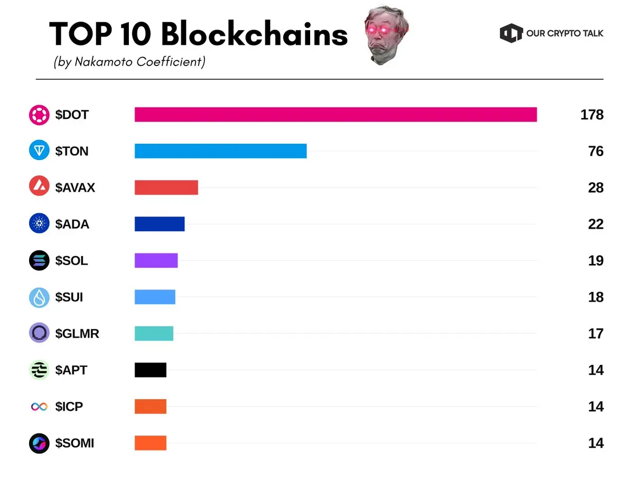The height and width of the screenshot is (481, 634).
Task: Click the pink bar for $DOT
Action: tap(335, 115)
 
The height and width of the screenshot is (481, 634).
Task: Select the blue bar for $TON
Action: tap(220, 151)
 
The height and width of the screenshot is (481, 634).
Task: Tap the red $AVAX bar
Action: tap(166, 187)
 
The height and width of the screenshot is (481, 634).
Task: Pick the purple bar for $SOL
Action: tap(156, 261)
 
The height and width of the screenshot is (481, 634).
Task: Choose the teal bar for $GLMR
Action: tap(154, 334)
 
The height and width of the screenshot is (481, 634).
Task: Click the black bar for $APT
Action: tap(150, 370)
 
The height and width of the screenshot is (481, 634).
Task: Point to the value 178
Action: tap(591, 115)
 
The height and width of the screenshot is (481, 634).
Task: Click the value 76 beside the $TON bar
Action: tap(595, 152)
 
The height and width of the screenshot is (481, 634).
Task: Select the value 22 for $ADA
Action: tap(595, 224)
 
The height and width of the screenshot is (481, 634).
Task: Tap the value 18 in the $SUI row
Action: tap(595, 297)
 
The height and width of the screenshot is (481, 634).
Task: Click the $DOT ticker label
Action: tap(72, 115)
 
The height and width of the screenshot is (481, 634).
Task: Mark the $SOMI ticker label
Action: tap(74, 444)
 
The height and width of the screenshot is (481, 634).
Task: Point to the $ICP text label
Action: tap(69, 407)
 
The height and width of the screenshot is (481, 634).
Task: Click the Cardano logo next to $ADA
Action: tap(39, 224)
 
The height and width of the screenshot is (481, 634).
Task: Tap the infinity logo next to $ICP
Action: tap(39, 407)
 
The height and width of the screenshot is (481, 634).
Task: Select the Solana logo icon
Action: tap(39, 261)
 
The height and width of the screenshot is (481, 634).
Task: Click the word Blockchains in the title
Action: tap(254, 35)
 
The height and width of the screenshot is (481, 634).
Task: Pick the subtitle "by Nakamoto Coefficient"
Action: tap(129, 62)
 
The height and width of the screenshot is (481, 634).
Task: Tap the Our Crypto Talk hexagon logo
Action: tap(510, 33)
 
